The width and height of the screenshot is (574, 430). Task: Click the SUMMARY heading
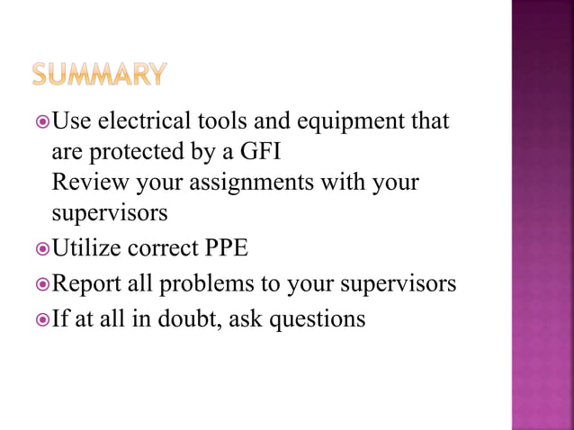pos(101,74)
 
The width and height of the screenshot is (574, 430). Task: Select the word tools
pos(214,121)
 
